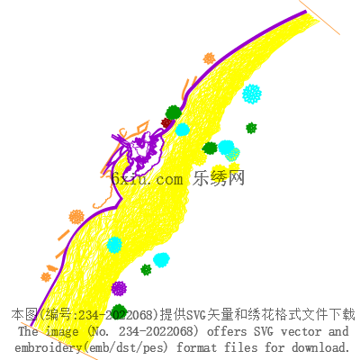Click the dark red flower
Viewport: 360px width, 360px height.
point(166,122)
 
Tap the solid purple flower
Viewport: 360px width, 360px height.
point(119,289)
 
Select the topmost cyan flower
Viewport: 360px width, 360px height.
point(252,94)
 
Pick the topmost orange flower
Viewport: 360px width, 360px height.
point(209,58)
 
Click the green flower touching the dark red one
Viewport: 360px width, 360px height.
point(174,112)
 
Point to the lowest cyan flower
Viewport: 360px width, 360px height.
point(161,260)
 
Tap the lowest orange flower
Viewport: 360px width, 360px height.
point(46,277)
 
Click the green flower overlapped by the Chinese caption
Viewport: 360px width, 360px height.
point(119,312)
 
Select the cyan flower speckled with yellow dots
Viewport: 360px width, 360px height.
point(233,155)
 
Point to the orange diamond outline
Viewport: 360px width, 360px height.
point(142,127)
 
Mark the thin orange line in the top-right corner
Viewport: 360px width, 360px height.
point(319,17)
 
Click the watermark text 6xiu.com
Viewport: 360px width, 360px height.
point(147,179)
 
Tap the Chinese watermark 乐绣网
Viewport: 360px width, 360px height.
point(219,178)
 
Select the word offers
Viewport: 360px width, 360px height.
point(227,331)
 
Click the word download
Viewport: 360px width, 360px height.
point(320,347)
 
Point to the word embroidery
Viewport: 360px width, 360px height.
point(48,348)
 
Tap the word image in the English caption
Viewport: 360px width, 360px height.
point(62,332)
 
